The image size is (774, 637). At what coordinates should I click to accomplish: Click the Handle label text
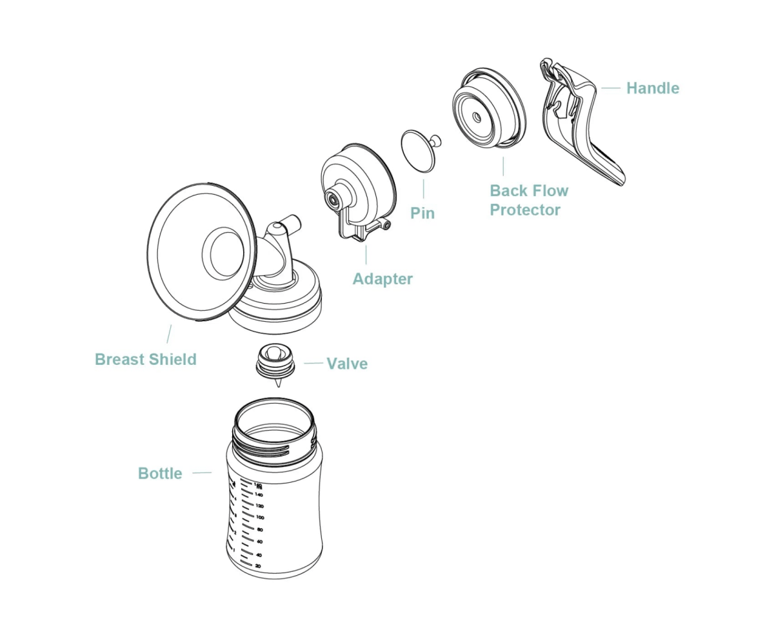(x=652, y=88)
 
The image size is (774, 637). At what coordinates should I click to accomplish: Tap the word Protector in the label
(x=525, y=210)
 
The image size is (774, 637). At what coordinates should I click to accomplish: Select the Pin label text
(x=422, y=213)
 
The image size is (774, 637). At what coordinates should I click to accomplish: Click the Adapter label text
(x=382, y=279)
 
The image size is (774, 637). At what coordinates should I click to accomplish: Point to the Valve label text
(x=347, y=364)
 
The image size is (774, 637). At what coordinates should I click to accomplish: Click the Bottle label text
(x=160, y=474)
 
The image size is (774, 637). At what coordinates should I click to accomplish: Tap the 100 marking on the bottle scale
(x=259, y=517)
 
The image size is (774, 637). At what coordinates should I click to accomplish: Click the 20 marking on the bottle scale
(x=258, y=565)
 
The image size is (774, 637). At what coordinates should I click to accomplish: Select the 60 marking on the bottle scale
(x=259, y=542)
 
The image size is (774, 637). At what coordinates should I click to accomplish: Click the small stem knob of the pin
(x=436, y=139)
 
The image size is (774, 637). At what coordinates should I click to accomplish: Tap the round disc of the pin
(x=417, y=151)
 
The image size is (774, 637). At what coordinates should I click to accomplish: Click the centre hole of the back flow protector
(x=477, y=117)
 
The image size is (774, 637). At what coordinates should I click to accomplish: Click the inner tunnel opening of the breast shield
(x=224, y=253)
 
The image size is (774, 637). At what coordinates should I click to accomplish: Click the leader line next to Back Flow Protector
(x=503, y=166)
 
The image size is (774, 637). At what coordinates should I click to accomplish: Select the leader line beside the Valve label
(x=313, y=363)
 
